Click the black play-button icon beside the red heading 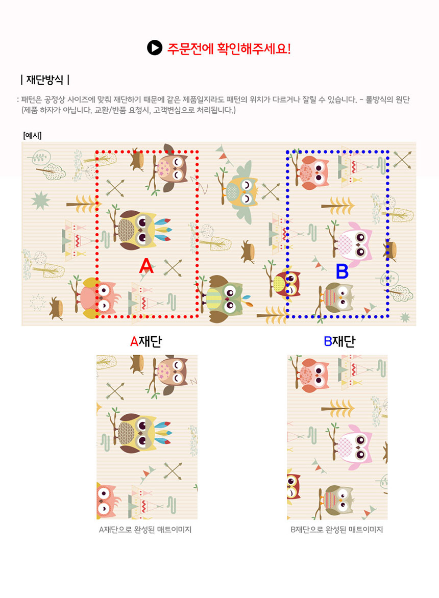155,47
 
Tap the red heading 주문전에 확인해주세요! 229,48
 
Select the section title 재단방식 44,80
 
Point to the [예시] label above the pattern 32,135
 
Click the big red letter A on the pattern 146,265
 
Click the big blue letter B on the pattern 342,271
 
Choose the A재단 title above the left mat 146,341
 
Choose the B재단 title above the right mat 339,341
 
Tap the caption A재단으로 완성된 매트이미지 145,529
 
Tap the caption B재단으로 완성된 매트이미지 336,529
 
